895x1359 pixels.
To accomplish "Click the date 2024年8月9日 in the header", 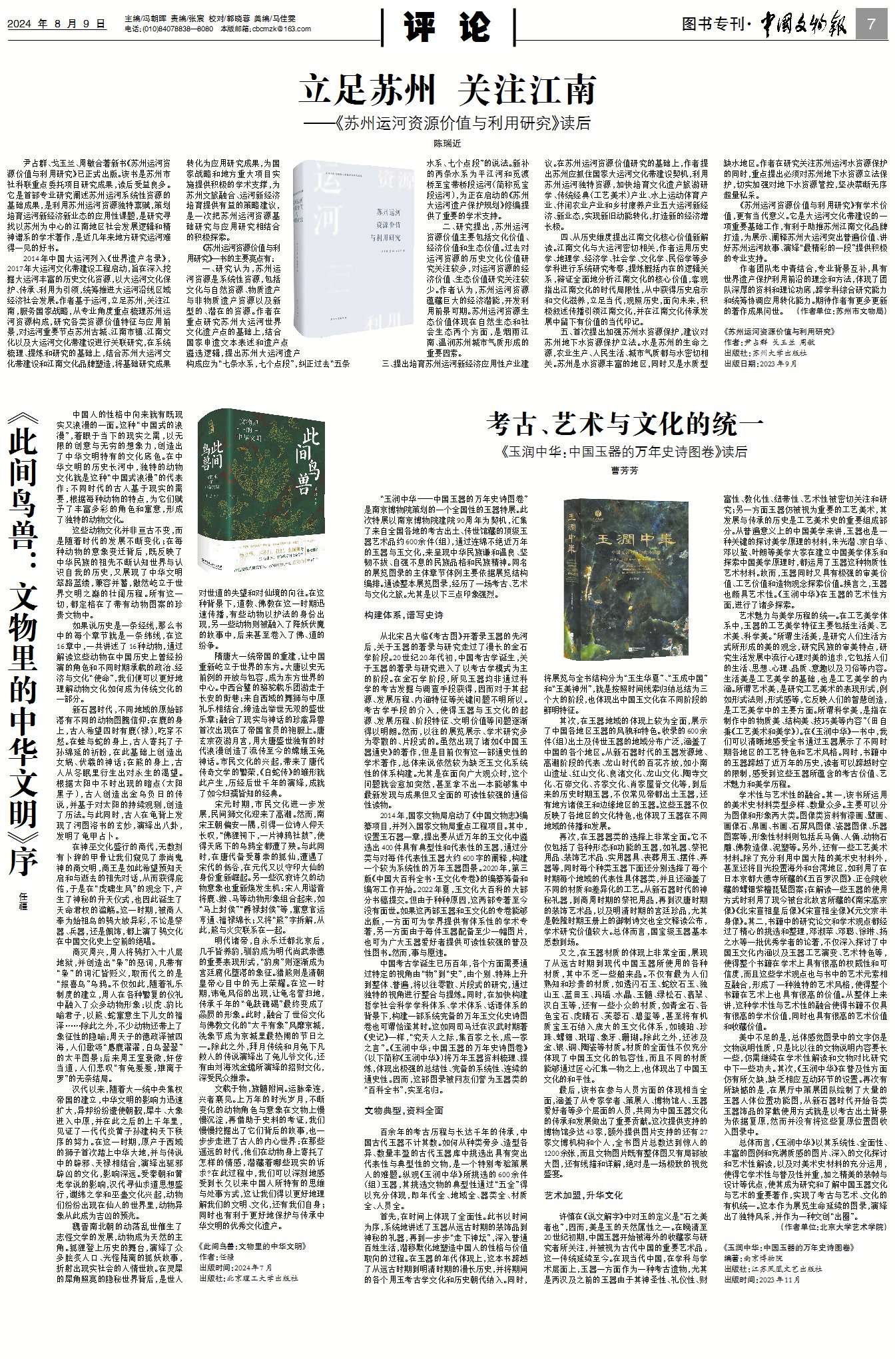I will click(57, 24).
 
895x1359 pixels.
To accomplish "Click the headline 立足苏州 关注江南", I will click(447, 90).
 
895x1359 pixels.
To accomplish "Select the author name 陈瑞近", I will click(447, 143).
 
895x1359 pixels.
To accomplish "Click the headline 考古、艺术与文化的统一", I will click(624, 424).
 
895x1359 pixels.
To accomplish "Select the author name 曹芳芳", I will click(624, 471).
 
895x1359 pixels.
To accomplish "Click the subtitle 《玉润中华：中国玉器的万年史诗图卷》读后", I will click(624, 452).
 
